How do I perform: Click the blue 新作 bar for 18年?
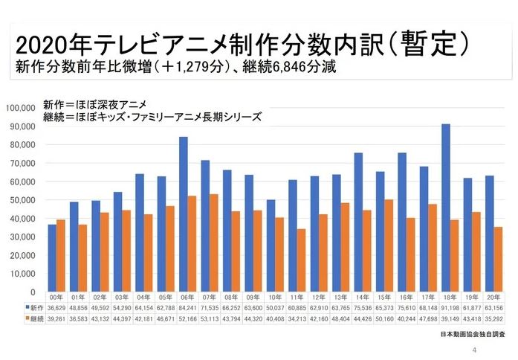[x=445, y=208]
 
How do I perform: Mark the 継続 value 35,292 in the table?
[x=493, y=317]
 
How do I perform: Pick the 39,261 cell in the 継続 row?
[x=56, y=317]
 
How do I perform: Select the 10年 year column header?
[x=275, y=295]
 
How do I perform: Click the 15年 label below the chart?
[x=384, y=295]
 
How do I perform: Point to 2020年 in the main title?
[x=46, y=43]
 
